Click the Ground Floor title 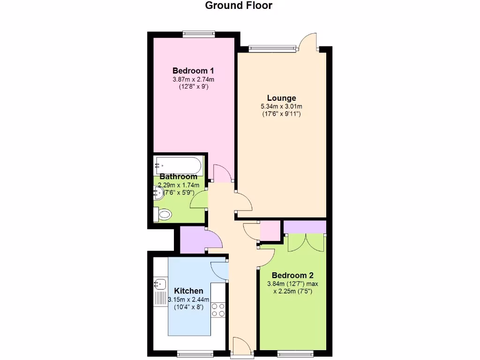239,6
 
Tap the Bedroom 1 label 194,71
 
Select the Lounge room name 281,98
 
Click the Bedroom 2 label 292,275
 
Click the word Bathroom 178,177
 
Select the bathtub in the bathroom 179,165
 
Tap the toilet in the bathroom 164,215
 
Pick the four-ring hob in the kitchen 218,310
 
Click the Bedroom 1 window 199,33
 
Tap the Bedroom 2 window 295,352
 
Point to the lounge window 272,47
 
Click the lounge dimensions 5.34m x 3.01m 281,106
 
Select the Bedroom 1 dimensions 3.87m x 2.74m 194,79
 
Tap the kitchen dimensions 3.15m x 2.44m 188,300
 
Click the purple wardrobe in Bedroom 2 305,227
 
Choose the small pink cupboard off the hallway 270,230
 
